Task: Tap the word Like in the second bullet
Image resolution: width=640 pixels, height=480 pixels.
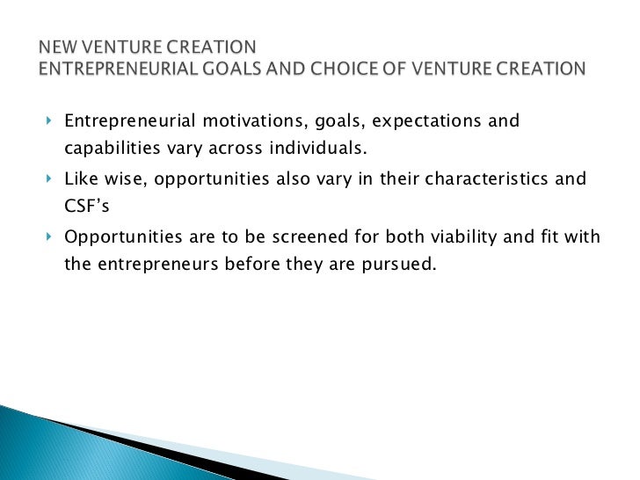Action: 81,179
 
